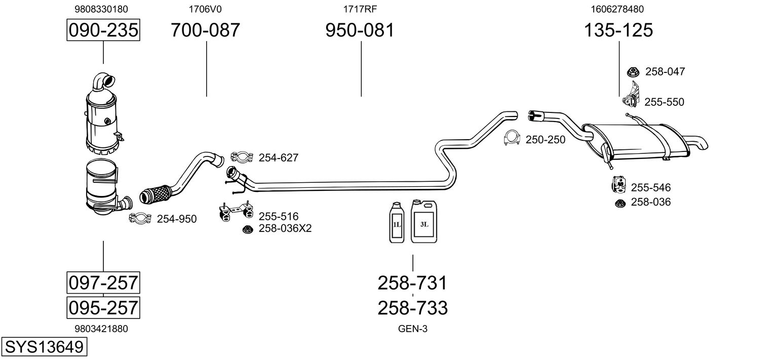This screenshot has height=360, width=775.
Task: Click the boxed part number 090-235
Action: click(x=103, y=30)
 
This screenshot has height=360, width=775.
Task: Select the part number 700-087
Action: click(x=205, y=30)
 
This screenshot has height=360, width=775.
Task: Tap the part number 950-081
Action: click(x=360, y=30)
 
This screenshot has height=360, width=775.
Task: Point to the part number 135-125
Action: click(x=618, y=30)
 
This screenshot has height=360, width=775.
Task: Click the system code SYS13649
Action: click(x=44, y=347)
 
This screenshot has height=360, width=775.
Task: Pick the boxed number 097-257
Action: click(x=103, y=282)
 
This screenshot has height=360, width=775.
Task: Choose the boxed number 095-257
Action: click(x=103, y=307)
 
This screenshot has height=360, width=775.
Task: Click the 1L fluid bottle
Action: click(x=397, y=223)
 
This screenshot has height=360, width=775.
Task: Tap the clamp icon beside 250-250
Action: click(x=513, y=138)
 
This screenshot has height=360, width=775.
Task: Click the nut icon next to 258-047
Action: click(x=633, y=72)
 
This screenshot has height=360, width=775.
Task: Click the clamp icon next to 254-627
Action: click(x=242, y=157)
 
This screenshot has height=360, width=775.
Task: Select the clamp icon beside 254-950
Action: click(x=140, y=218)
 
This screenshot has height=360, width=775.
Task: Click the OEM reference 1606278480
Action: click(x=617, y=9)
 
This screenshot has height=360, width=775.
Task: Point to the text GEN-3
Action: click(x=413, y=329)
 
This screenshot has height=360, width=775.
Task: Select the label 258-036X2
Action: click(x=285, y=228)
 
